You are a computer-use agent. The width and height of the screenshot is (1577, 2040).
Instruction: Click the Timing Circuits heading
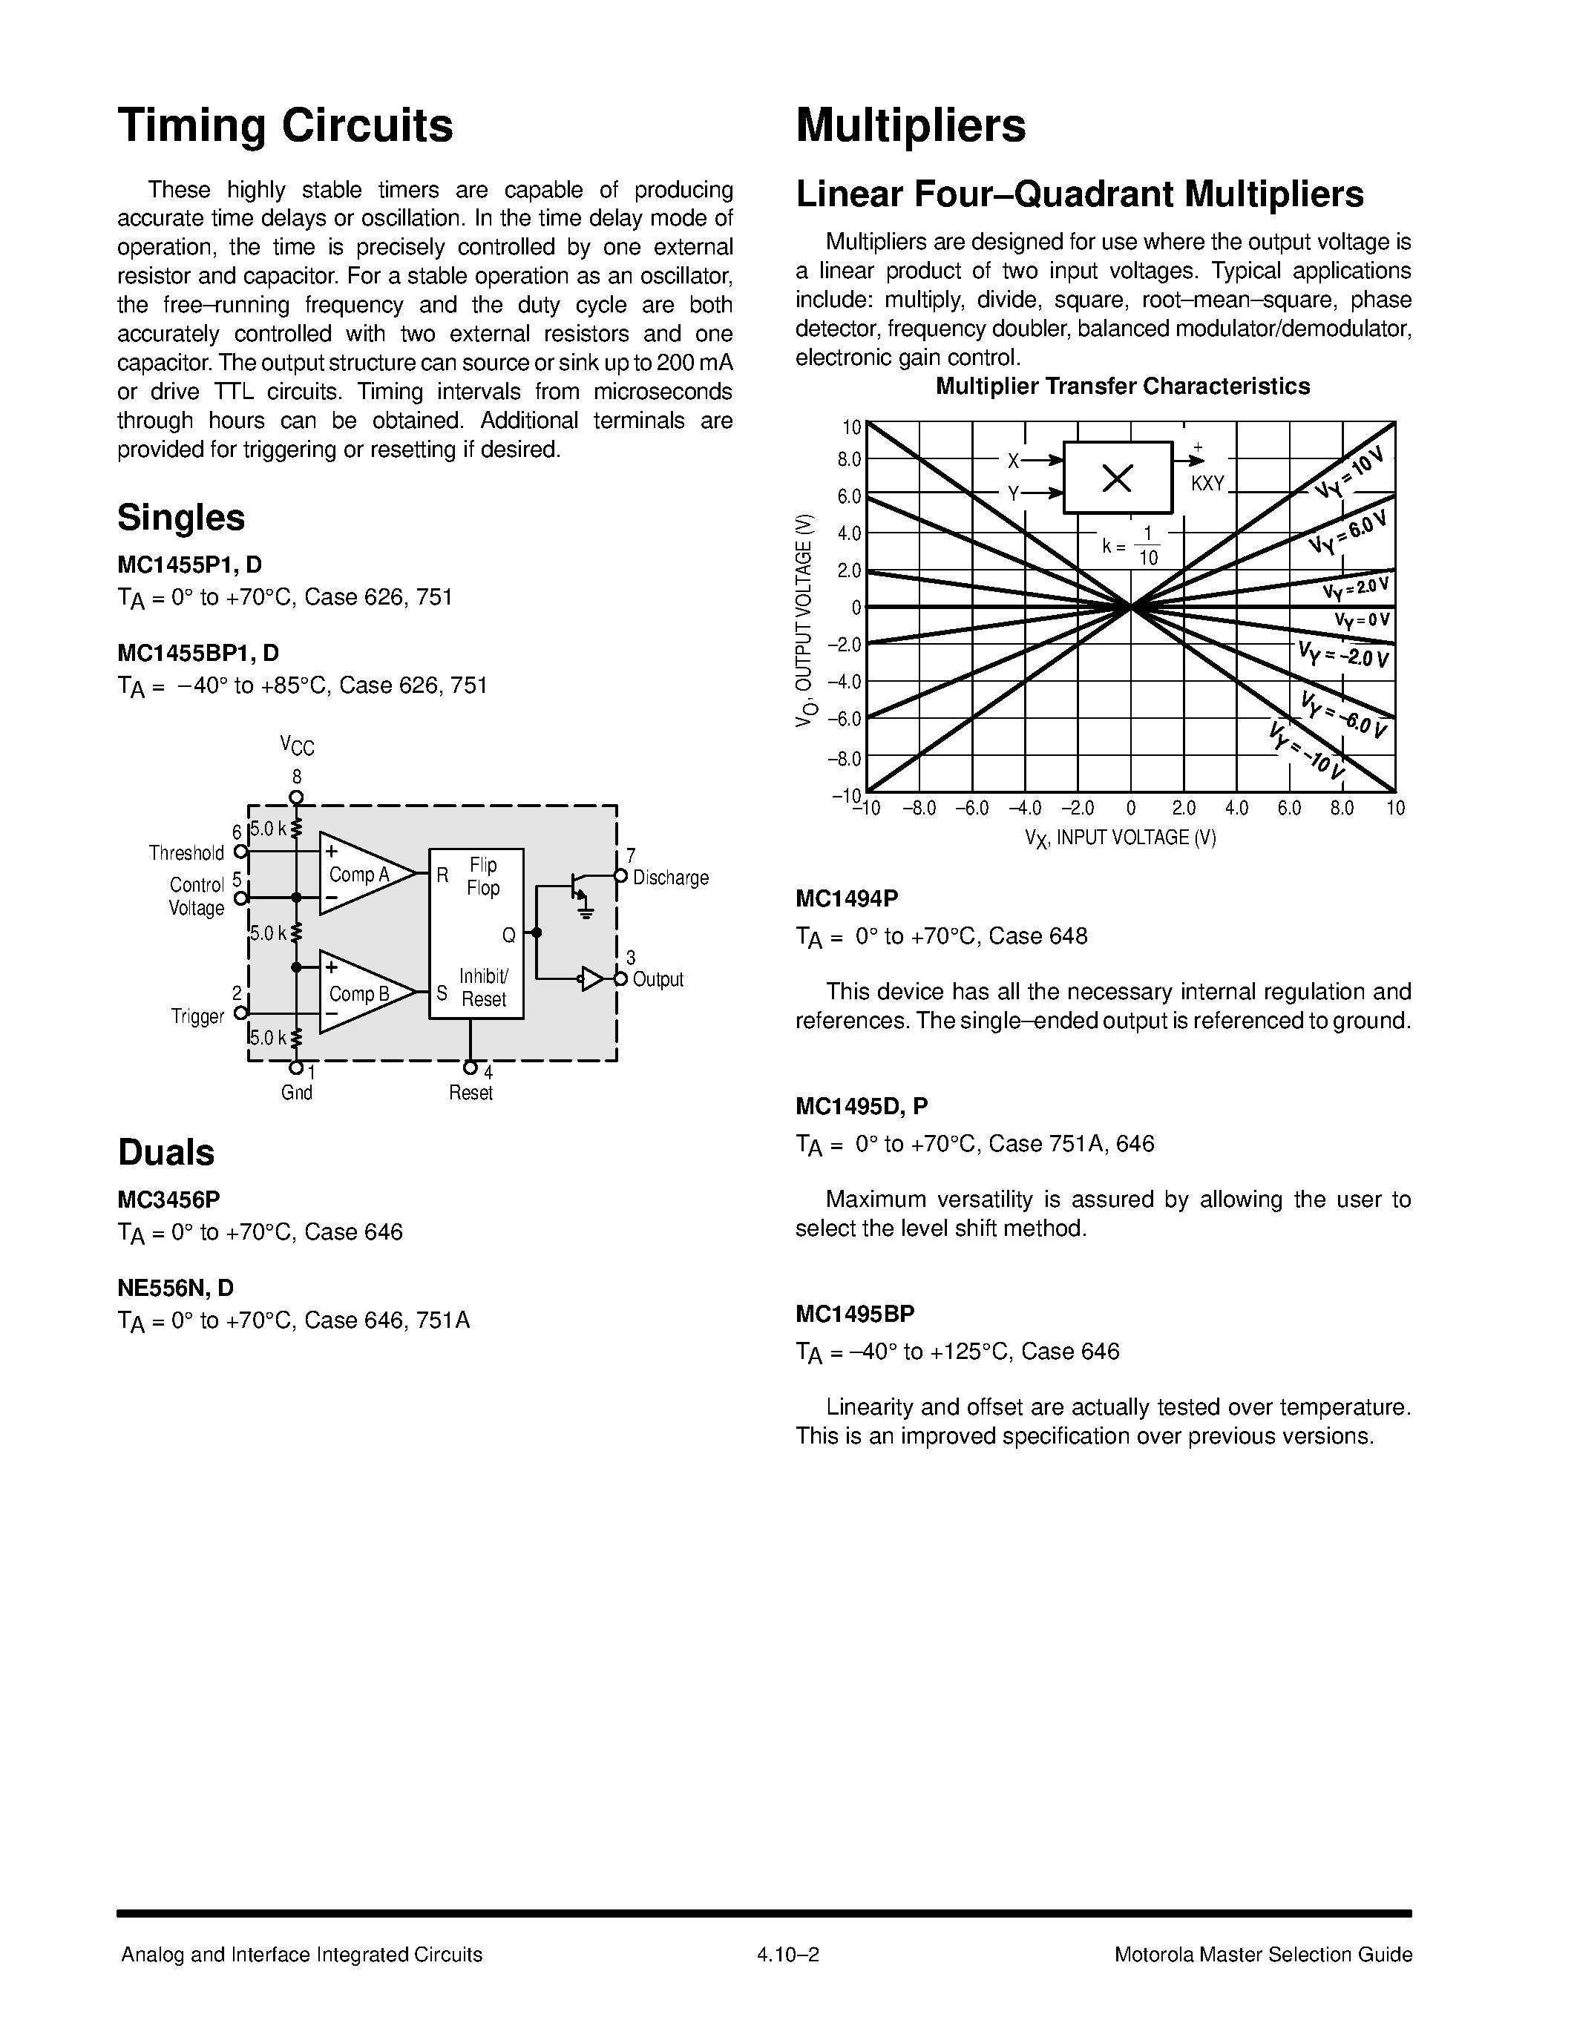click(285, 126)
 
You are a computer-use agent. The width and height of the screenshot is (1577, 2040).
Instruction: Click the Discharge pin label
click(670, 878)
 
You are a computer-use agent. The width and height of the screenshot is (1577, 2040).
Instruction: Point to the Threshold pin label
click(186, 853)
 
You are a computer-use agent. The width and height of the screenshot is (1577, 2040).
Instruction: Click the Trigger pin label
click(197, 1016)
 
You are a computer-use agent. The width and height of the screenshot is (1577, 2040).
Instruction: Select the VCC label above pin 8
click(297, 746)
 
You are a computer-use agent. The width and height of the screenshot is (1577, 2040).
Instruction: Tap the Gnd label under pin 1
click(297, 1093)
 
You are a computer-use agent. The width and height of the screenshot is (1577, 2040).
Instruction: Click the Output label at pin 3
click(658, 979)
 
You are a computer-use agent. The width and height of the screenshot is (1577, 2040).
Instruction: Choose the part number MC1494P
click(847, 898)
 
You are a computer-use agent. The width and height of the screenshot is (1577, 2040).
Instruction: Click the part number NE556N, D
click(176, 1287)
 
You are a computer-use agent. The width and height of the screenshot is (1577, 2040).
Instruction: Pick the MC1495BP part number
click(855, 1313)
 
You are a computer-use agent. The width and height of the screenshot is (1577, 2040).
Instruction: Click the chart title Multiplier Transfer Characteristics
click(1122, 386)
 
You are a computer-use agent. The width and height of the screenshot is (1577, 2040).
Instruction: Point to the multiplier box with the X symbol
click(1118, 477)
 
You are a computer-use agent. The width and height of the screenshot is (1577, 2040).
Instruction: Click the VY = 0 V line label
click(1362, 620)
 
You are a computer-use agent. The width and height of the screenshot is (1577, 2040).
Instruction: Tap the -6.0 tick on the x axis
click(971, 808)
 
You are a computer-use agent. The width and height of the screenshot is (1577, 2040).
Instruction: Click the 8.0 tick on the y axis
click(848, 460)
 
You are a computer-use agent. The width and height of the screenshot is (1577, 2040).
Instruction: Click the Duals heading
click(165, 1153)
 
